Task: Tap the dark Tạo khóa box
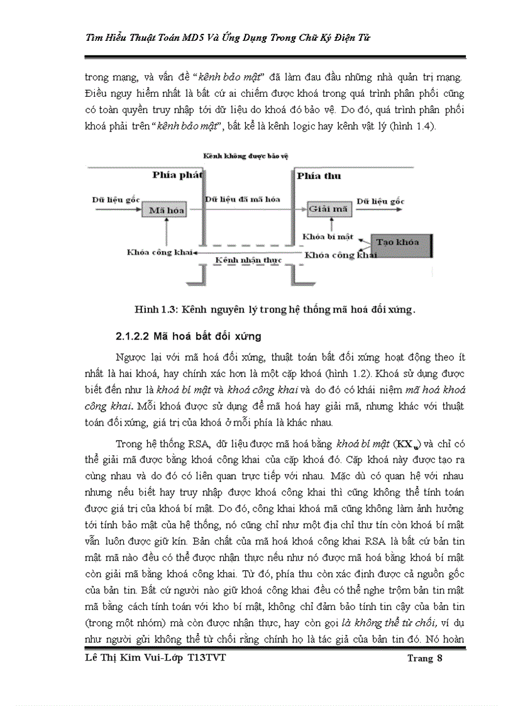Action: (x=400, y=242)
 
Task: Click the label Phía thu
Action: (x=319, y=175)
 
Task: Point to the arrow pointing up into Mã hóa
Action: (x=165, y=231)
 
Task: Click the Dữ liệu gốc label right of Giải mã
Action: (x=380, y=201)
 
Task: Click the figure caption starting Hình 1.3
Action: (x=275, y=309)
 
